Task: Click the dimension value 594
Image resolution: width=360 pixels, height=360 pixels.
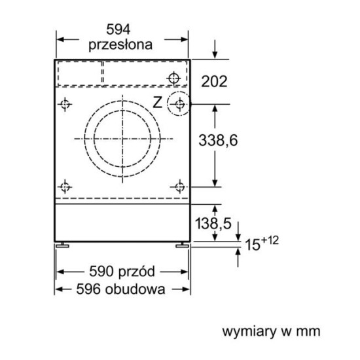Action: pyautogui.click(x=118, y=29)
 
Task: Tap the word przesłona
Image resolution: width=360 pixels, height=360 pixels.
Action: pyautogui.click(x=120, y=45)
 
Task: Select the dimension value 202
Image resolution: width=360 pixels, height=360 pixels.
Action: pyautogui.click(x=214, y=81)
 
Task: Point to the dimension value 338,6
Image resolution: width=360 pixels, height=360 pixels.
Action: pyautogui.click(x=218, y=140)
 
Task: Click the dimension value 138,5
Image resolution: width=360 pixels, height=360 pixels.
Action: pyautogui.click(x=213, y=223)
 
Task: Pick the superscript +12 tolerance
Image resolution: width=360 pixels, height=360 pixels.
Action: pyautogui.click(x=270, y=240)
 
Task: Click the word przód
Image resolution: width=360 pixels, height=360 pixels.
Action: pyautogui.click(x=137, y=272)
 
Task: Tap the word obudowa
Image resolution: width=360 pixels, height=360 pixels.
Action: pyautogui.click(x=135, y=289)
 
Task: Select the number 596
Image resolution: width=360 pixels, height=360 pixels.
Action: pyautogui.click(x=88, y=289)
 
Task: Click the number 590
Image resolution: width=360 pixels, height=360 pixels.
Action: pyautogui.click(x=101, y=272)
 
